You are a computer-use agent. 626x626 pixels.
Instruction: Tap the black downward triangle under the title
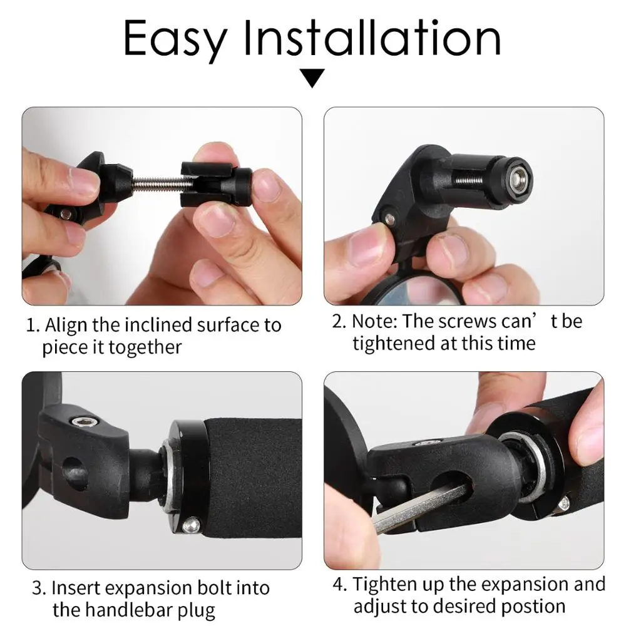pyautogui.click(x=312, y=79)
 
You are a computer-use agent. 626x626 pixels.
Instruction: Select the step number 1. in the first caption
pyautogui.click(x=33, y=326)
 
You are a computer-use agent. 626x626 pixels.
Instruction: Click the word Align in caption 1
pyautogui.click(x=67, y=326)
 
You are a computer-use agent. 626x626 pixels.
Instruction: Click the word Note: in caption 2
pyautogui.click(x=374, y=321)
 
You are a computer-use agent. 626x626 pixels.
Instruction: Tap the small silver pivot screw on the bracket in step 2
pyautogui.click(x=390, y=218)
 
